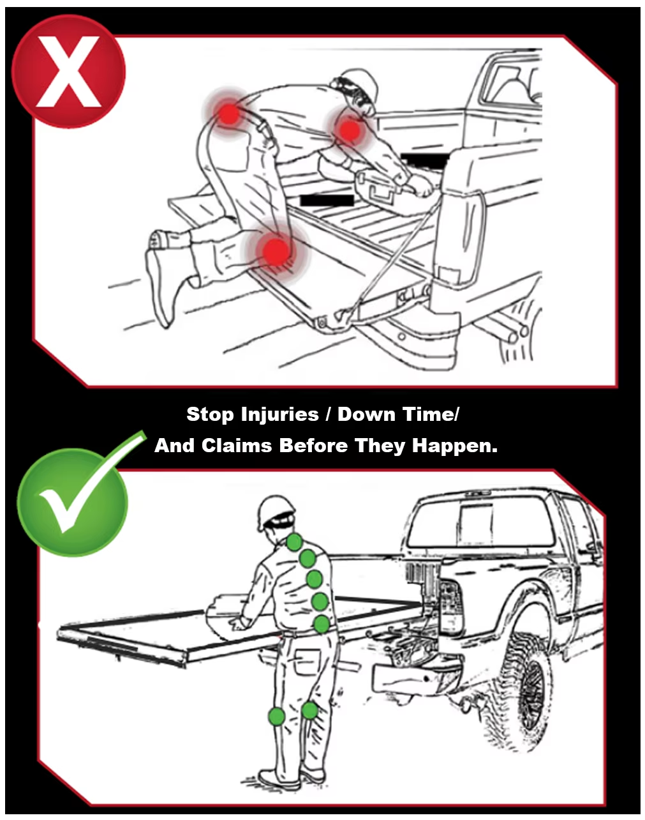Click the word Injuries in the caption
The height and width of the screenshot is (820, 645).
(x=280, y=414)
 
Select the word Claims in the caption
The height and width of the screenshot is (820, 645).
(x=237, y=445)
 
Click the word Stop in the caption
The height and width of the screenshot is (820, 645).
(x=210, y=414)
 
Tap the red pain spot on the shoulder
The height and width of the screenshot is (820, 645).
(x=350, y=130)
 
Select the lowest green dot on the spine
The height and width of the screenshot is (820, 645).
(x=322, y=624)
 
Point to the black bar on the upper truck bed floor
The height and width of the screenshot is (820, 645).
(x=327, y=201)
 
